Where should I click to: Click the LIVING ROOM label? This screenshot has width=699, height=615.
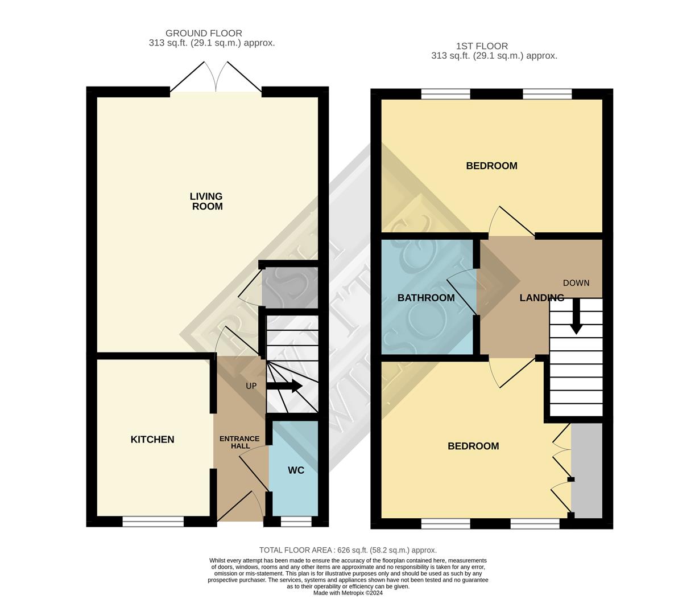206,202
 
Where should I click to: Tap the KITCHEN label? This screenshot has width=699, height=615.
152,440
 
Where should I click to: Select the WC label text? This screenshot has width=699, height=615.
296,470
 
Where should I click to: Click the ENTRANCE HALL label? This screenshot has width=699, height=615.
239,442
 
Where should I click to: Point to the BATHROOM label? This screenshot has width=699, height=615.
426,298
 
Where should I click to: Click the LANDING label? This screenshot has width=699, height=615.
541,298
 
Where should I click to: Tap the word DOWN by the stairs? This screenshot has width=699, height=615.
576,283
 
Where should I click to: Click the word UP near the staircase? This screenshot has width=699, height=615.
251,386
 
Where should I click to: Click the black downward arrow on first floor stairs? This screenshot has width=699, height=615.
576,317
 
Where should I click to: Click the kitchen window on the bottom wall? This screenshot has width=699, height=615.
153,521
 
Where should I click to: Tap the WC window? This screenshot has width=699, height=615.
296,521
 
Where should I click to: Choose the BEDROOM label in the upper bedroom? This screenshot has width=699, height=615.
491,166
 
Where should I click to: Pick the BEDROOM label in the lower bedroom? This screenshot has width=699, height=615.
473,446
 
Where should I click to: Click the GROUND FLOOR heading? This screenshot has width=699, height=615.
204,34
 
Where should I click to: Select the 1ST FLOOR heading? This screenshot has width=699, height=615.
482,46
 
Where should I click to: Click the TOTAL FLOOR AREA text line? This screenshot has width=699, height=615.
348,550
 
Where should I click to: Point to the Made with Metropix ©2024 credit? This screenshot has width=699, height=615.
348,593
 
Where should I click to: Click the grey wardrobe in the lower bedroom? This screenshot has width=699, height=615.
586,470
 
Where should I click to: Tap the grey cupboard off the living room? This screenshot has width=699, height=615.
289,288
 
